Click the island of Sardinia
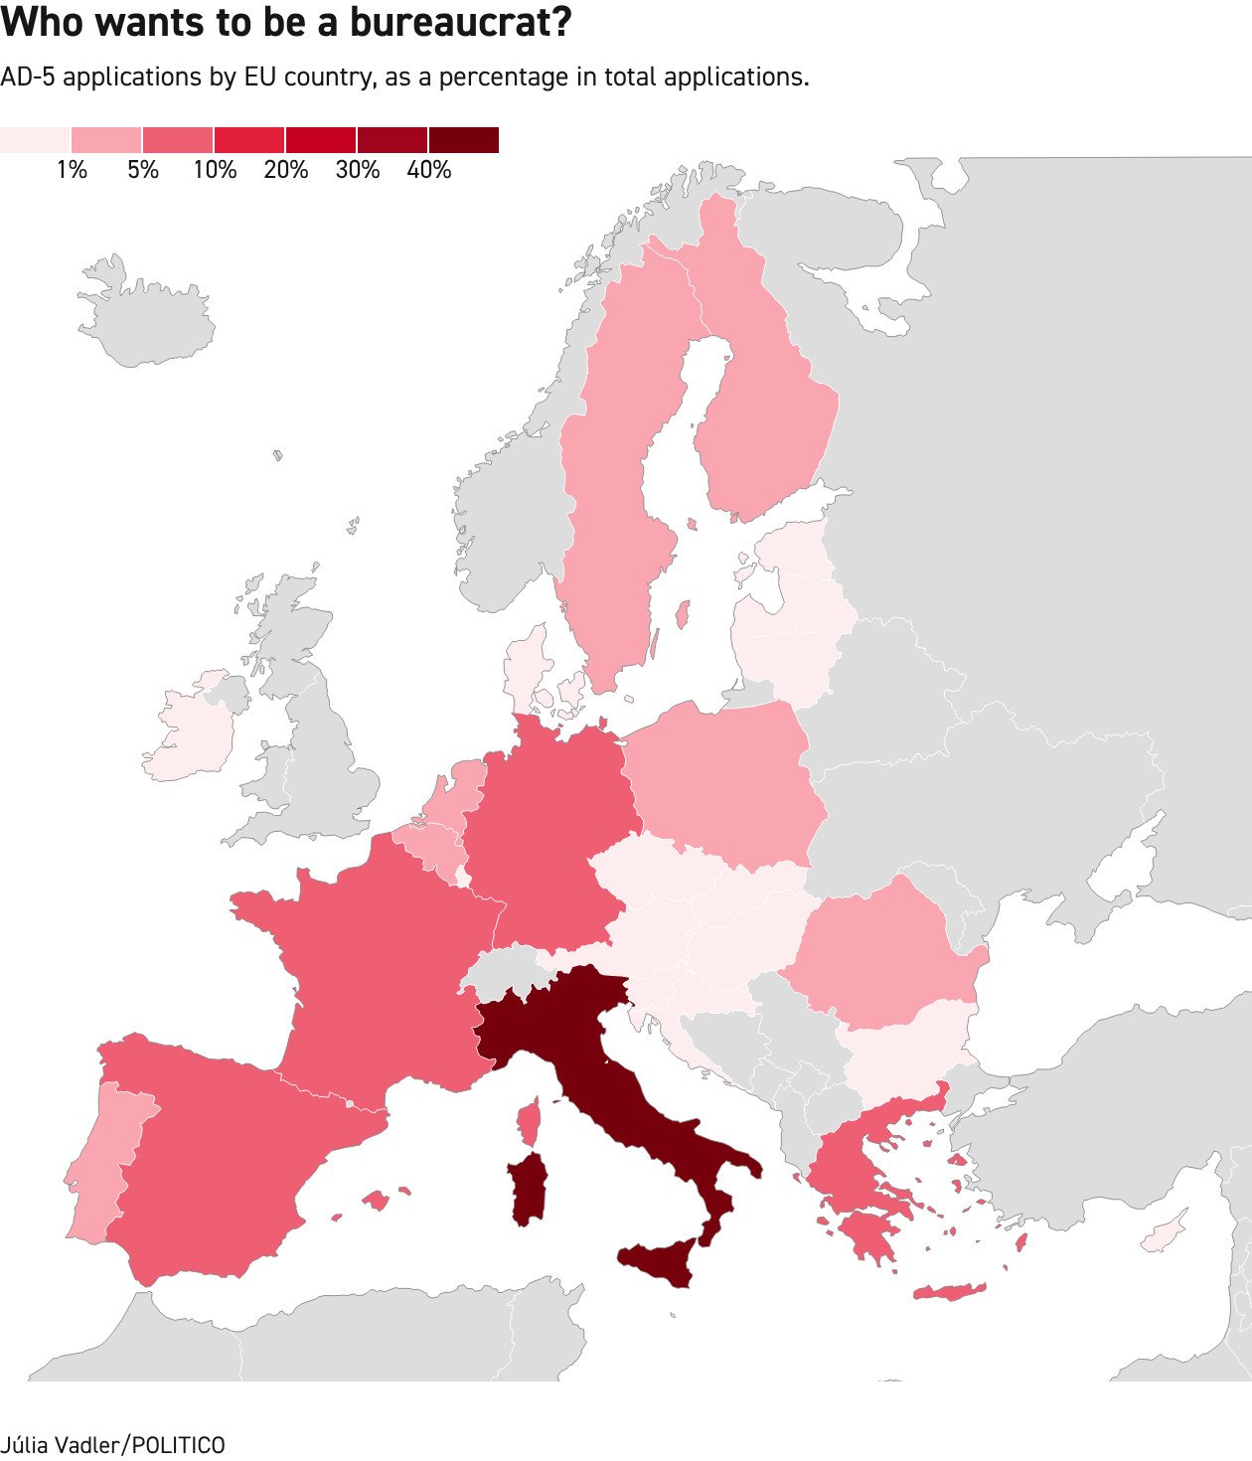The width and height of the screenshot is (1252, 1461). click(528, 1189)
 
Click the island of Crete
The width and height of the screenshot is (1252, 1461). click(949, 1292)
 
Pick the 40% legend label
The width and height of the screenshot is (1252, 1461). click(429, 170)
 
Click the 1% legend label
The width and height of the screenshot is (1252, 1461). click(72, 170)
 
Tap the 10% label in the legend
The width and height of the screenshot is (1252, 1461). click(215, 170)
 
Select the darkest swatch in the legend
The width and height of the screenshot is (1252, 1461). click(464, 140)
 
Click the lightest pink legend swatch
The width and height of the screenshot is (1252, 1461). click(35, 140)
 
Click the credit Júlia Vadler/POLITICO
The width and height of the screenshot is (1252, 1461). click(112, 1444)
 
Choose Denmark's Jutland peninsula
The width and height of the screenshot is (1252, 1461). click(525, 666)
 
